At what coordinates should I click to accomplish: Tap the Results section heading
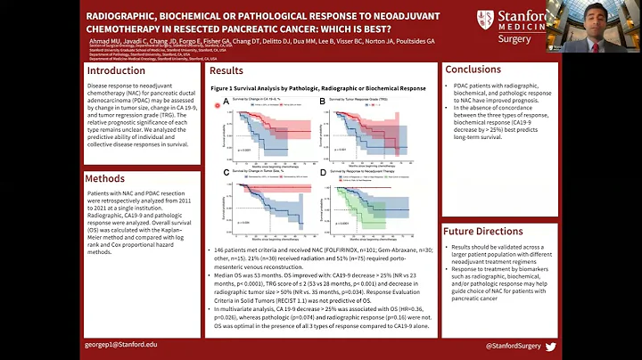pos(226,70)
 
